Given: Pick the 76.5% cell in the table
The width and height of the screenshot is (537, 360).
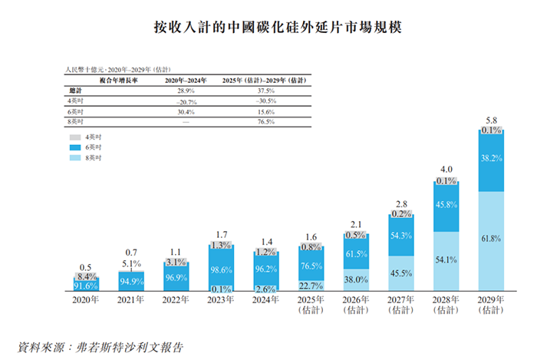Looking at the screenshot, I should click(x=265, y=121).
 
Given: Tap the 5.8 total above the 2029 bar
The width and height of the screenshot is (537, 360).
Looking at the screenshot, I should click(x=492, y=121).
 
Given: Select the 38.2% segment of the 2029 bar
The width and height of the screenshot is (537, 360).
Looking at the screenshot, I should click(x=492, y=160).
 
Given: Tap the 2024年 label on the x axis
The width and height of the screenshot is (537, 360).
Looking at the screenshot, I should click(x=265, y=300).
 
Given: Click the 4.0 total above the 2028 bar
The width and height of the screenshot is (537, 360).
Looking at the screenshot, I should click(x=446, y=169).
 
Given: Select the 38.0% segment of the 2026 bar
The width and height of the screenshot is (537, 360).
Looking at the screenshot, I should click(x=356, y=279).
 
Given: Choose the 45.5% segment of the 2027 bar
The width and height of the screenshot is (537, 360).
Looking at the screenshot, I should click(x=401, y=273).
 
